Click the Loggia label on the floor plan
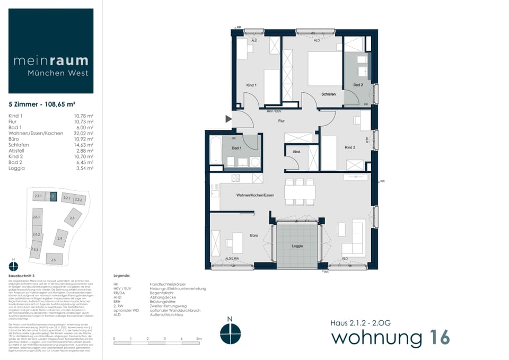[x=297, y=247]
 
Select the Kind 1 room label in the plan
[x=251, y=85]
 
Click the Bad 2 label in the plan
[x=358, y=85]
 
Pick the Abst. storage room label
[x=297, y=151]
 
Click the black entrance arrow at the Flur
[x=229, y=119]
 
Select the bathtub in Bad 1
[x=215, y=151]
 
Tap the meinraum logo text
[x=51, y=61]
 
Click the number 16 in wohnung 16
[x=437, y=337]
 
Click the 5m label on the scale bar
[x=198, y=338]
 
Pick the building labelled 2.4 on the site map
[x=60, y=239]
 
